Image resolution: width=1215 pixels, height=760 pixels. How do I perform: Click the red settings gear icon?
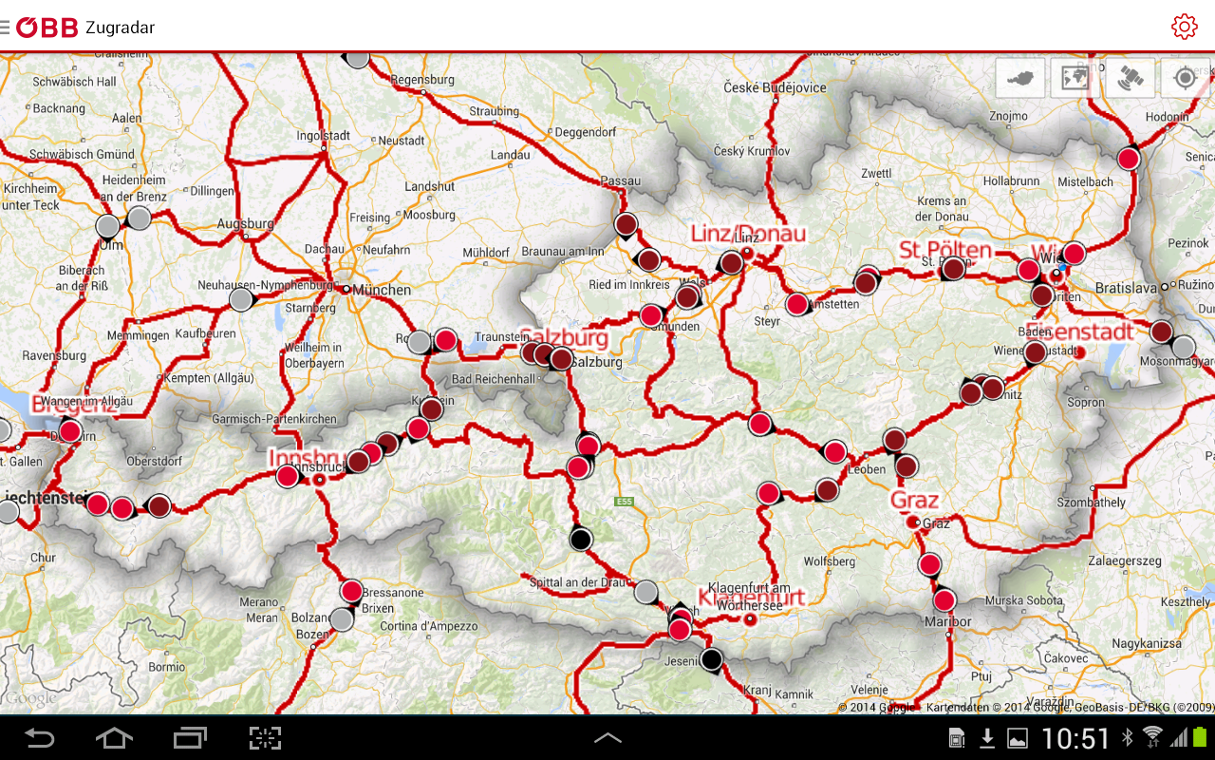pos(1184,27)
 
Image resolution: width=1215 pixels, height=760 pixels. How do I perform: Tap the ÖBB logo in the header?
pos(47,28)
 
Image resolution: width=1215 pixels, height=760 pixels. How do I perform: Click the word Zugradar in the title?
pos(120,28)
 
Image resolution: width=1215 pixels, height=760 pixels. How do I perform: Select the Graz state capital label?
pos(915,501)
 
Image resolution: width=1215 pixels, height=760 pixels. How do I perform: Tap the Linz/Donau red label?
pos(748,234)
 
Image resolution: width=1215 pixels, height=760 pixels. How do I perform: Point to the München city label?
pos(383,290)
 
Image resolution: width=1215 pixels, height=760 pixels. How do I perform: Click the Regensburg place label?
pos(422,81)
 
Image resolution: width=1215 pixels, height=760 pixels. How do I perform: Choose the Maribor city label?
pos(948,622)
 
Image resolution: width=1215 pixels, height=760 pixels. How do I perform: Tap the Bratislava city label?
pos(1126,287)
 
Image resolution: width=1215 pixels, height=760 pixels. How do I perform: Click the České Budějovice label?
pos(775,87)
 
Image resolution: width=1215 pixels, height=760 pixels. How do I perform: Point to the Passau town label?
pos(621,180)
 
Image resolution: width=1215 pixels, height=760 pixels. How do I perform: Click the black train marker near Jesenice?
pos(711,658)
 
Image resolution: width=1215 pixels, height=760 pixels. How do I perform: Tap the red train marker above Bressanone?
pos(352,591)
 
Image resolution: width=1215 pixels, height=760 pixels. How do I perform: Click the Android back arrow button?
pos(39,738)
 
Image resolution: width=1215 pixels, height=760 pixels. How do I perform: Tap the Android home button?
pos(114,738)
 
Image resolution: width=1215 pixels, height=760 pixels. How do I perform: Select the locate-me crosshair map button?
pos(1184,78)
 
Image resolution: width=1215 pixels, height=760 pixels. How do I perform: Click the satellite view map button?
pos(1130,78)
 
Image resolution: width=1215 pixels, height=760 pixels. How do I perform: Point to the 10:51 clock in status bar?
pos(1075,738)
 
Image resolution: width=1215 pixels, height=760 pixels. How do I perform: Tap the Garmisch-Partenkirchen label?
pos(274,419)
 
